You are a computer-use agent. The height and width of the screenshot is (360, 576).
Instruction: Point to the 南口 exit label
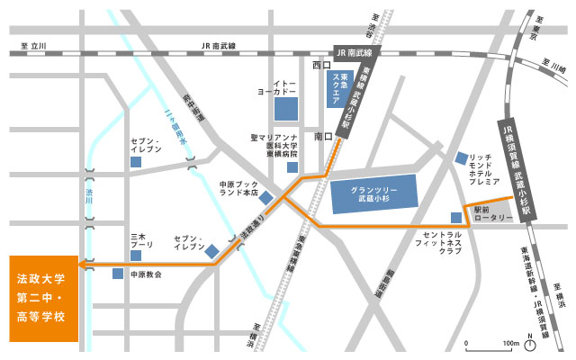pyautogui.click(x=324, y=137)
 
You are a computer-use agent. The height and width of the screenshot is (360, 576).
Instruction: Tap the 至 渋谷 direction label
pyautogui.click(x=375, y=22)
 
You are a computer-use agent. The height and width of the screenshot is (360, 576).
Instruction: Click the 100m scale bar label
pyautogui.click(x=511, y=344)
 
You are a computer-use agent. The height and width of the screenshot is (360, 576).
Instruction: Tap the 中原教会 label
pyautogui.click(x=146, y=274)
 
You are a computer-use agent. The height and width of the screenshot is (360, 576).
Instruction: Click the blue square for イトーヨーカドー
pyautogui.click(x=285, y=109)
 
